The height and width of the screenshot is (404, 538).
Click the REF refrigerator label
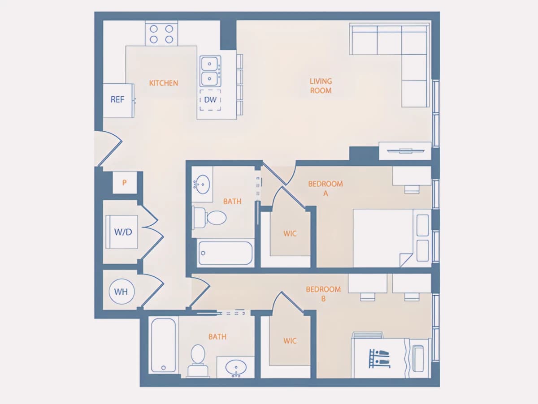tap(117, 99)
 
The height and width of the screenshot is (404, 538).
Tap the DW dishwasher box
tap(210, 100)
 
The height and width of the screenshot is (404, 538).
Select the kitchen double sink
tap(210, 71)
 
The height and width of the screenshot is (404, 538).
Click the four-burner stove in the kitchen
tap(161, 34)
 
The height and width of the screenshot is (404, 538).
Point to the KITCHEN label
tap(164, 83)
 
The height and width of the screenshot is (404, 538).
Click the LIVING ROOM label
tap(321, 86)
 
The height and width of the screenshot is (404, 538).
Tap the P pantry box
tap(125, 183)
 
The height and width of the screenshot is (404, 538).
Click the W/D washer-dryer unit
tap(122, 232)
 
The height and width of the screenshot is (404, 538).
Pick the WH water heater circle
tap(121, 292)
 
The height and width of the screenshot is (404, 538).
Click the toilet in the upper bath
tap(209, 218)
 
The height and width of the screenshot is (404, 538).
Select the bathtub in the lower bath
tap(164, 345)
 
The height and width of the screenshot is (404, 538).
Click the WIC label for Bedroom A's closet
tap(290, 234)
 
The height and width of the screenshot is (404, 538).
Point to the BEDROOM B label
tap(323, 294)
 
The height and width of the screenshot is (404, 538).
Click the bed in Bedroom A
tap(392, 238)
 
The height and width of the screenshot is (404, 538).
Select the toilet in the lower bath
tap(198, 361)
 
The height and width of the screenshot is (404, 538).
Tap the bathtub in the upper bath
tap(225, 253)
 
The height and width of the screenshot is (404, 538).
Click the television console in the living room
tap(405, 151)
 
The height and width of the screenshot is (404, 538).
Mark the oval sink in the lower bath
tap(236, 368)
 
